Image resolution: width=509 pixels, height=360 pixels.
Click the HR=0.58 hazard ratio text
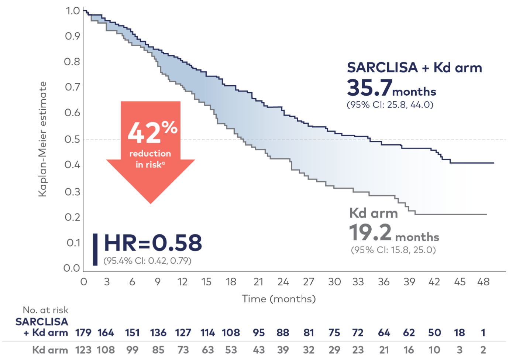tap(153, 243)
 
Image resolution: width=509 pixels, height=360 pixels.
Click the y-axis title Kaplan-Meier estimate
tap(43, 139)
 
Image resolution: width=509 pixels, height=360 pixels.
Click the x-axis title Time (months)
tap(279, 299)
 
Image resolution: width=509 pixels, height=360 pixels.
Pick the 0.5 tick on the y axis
tap(72, 139)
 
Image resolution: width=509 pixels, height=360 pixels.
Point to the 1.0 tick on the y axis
tap(73, 11)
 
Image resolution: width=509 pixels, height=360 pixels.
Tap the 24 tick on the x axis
tap(283, 282)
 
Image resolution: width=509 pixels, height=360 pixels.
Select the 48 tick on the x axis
tap(483, 282)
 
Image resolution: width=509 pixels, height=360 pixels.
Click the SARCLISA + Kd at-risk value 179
tap(83, 333)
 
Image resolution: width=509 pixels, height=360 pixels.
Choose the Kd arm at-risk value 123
tap(83, 350)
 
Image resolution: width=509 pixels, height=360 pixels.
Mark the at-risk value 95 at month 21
tap(259, 333)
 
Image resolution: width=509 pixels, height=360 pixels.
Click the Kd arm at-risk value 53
tap(231, 350)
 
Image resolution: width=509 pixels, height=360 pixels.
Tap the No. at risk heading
tap(45, 310)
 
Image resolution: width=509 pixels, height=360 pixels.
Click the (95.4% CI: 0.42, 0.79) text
tap(147, 261)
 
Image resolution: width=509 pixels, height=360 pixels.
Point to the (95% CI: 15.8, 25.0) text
tap(393, 250)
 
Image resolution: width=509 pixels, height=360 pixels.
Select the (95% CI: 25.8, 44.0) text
tap(390, 104)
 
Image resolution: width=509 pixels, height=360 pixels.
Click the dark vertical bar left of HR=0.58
tap(95, 249)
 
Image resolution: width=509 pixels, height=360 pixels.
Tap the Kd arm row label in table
tap(50, 350)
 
